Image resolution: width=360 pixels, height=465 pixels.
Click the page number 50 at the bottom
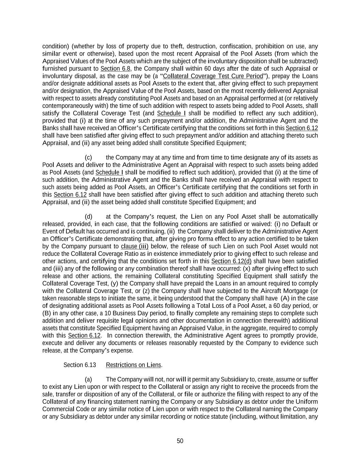click(180, 441)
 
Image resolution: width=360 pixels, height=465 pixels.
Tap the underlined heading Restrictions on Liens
click(134, 365)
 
